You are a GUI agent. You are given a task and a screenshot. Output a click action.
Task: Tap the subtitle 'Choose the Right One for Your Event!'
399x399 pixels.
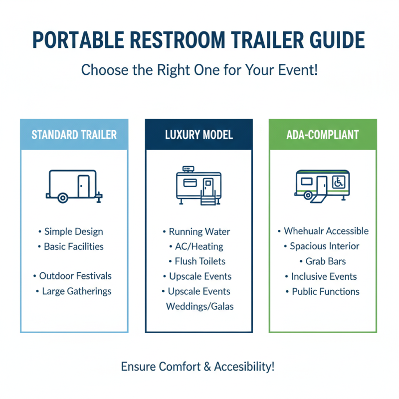tap(199, 69)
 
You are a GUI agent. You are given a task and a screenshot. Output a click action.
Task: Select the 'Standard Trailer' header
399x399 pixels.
tap(74, 135)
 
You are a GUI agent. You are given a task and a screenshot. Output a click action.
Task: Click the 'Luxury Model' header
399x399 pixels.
tap(199, 135)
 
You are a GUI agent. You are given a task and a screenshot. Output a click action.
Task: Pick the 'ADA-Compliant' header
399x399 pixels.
tap(323, 135)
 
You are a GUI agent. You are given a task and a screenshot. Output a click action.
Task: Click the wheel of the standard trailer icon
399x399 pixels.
tap(62, 198)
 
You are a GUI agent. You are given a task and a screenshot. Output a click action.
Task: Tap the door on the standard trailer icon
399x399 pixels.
tap(83, 186)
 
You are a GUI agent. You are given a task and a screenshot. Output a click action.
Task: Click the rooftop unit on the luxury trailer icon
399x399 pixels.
tap(188, 169)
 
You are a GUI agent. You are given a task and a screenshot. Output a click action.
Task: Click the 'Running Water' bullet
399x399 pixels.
tap(199, 232)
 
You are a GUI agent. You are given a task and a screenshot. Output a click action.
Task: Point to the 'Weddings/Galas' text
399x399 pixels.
tap(199, 306)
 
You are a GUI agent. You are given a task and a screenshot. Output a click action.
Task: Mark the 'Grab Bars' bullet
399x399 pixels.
tap(325, 261)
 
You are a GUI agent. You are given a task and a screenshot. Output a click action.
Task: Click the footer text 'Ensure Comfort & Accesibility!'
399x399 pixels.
tap(198, 367)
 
